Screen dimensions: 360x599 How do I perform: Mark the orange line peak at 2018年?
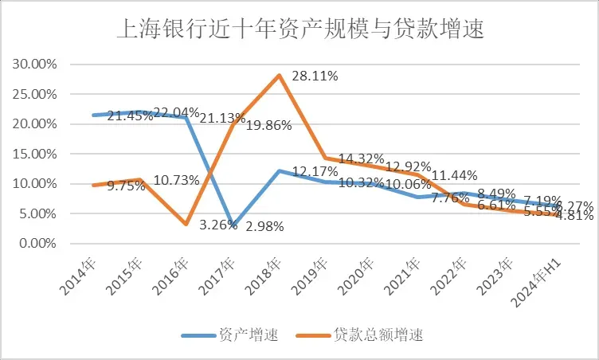point(279,75)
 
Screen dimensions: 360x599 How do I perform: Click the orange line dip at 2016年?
point(186,224)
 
